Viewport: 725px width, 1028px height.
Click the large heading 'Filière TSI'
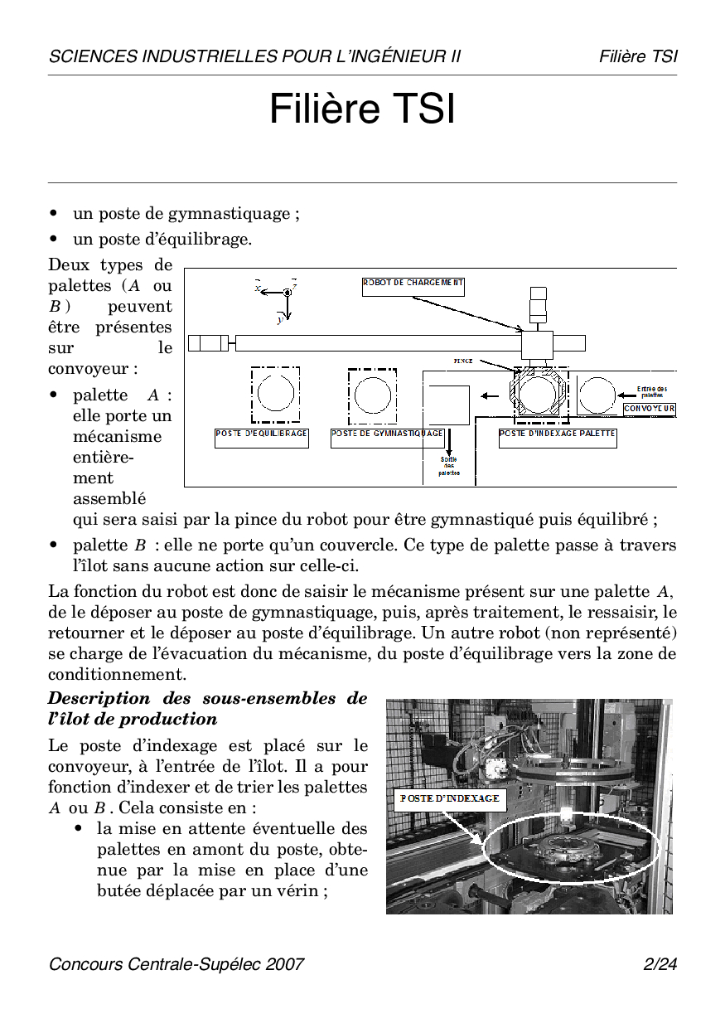pyautogui.click(x=362, y=109)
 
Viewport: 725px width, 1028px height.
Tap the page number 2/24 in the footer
pyautogui.click(x=660, y=964)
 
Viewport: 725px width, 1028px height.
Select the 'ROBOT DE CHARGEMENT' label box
pyautogui.click(x=413, y=286)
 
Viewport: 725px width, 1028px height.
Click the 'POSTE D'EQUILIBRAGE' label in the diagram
pyautogui.click(x=262, y=438)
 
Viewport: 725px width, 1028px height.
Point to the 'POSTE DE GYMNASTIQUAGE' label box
pyautogui.click(x=388, y=438)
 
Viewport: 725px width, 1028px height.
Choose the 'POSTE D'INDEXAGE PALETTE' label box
pyautogui.click(x=558, y=438)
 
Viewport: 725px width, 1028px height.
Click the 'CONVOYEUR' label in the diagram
pyautogui.click(x=650, y=409)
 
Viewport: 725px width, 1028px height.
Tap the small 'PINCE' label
pyautogui.click(x=463, y=361)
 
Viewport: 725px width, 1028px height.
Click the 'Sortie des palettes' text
pyautogui.click(x=448, y=466)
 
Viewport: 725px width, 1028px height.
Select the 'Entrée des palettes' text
pyautogui.click(x=652, y=391)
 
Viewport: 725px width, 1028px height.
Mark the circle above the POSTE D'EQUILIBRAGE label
pyautogui.click(x=276, y=394)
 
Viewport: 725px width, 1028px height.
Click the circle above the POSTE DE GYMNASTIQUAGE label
pyautogui.click(x=372, y=394)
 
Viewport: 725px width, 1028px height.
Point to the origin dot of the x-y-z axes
pyautogui.click(x=287, y=292)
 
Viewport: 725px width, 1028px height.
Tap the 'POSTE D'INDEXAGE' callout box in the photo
pyautogui.click(x=450, y=798)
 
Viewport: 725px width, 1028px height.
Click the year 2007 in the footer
pyautogui.click(x=287, y=964)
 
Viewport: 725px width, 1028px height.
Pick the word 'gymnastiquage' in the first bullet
pyautogui.click(x=228, y=214)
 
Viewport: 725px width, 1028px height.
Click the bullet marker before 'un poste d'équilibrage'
pyautogui.click(x=53, y=240)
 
